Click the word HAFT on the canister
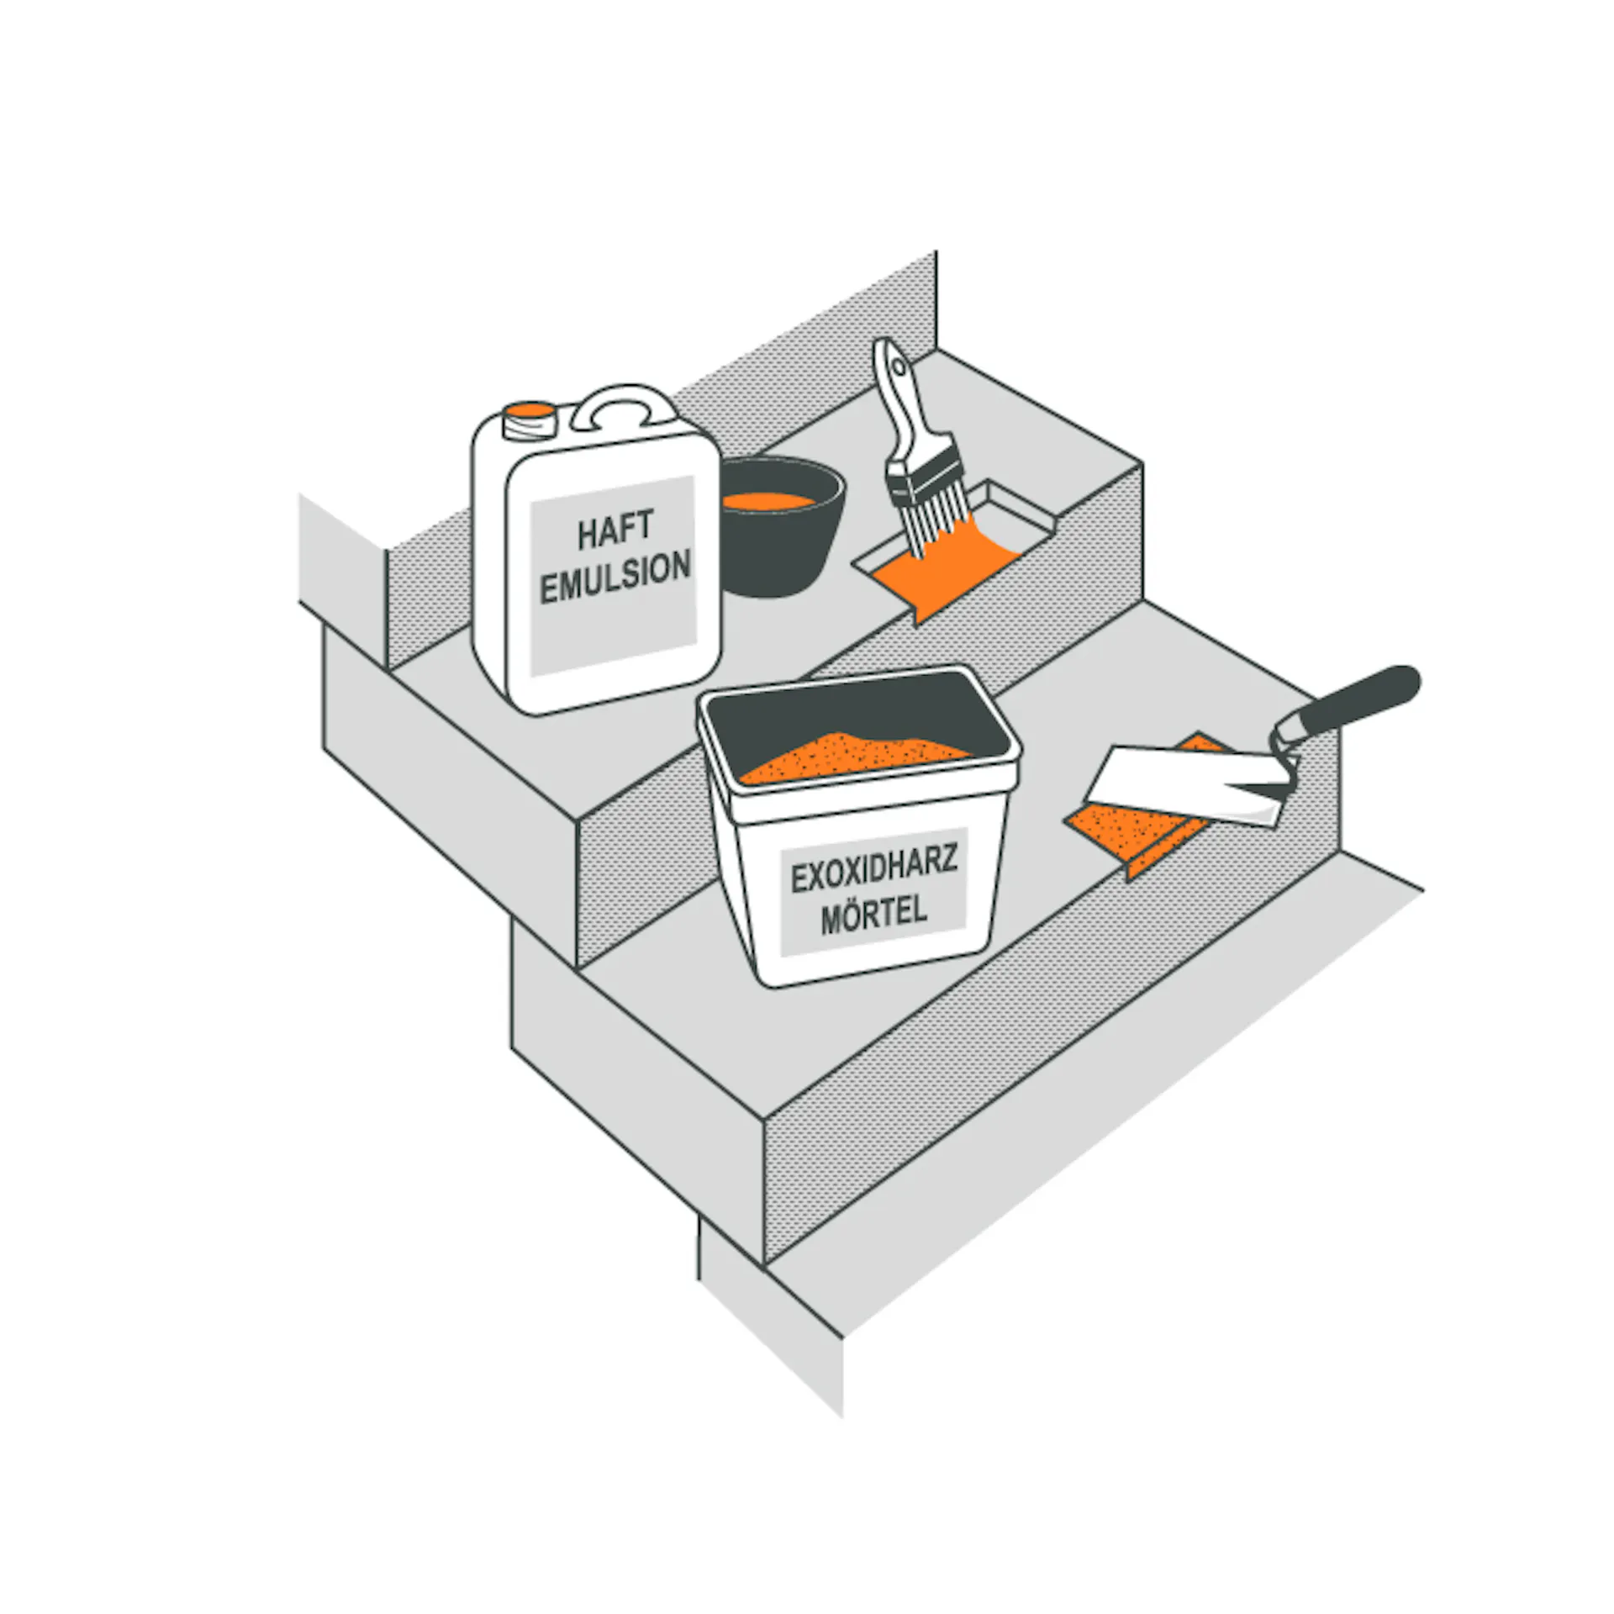point(615,528)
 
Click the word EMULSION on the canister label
point(615,576)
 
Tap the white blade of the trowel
point(1185,784)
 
